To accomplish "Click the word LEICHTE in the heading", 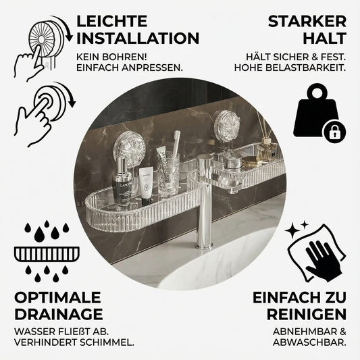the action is tap(111, 21).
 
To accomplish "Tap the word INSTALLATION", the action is tap(138, 38).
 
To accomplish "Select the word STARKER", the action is tap(307, 21).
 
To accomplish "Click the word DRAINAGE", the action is tap(59, 314).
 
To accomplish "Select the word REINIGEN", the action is tap(307, 314).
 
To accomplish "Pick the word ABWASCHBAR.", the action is tap(309, 343).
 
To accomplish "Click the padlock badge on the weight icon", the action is tap(334, 132).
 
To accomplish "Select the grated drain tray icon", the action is tap(47, 254).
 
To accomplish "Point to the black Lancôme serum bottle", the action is tap(122, 182).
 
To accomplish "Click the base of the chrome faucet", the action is tap(205, 246).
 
